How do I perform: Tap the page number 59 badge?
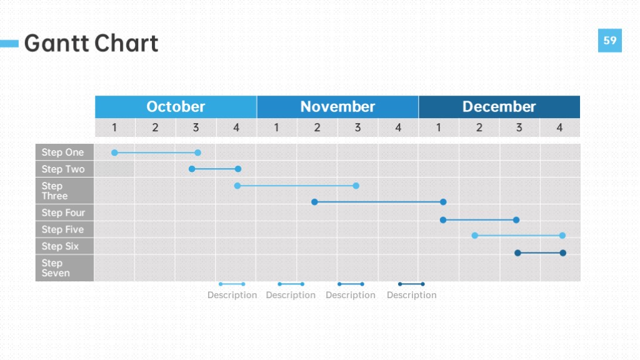[x=610, y=41]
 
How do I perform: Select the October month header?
[x=176, y=107]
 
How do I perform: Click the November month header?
[x=337, y=107]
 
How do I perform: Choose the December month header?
[x=499, y=107]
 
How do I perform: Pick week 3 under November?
[x=357, y=127]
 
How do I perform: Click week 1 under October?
[x=115, y=127]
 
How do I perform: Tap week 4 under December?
[x=559, y=127]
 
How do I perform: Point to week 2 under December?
[x=479, y=127]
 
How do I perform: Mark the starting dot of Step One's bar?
[x=115, y=152]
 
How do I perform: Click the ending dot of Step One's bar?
[x=198, y=152]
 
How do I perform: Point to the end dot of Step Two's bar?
[x=238, y=169]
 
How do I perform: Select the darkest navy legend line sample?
[x=411, y=284]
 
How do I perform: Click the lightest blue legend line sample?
[x=232, y=284]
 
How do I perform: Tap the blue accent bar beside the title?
[x=9, y=44]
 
